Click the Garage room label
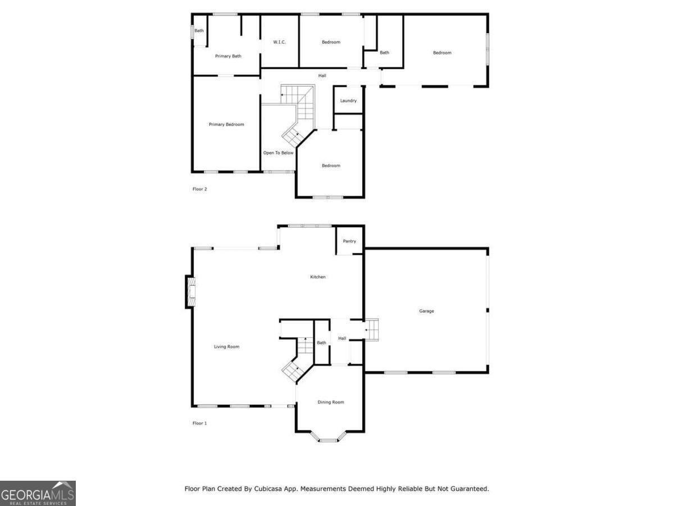(426, 311)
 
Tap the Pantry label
(349, 241)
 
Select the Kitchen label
(318, 277)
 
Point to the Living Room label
(226, 346)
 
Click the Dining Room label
(330, 402)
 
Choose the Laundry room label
(348, 101)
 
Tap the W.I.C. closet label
(280, 42)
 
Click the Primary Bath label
(228, 56)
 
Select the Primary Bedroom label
(226, 124)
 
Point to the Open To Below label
(278, 153)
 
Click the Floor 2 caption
(200, 189)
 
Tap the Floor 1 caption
(200, 423)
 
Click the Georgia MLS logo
(38, 493)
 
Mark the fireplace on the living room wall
(190, 292)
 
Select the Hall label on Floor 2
(322, 75)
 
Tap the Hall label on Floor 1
(341, 338)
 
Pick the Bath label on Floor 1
(321, 342)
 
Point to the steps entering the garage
(372, 329)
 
